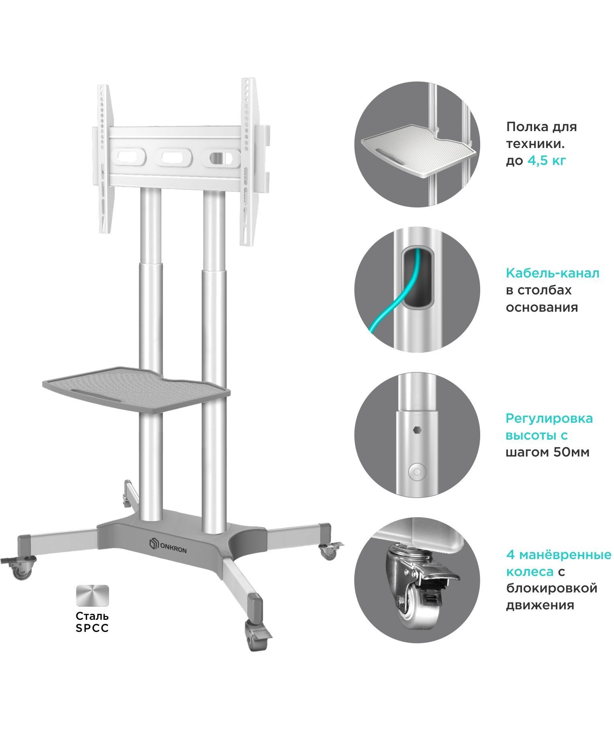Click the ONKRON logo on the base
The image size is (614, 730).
[168, 547]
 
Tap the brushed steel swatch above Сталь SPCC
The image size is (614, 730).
[92, 596]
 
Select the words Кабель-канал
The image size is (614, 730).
[553, 273]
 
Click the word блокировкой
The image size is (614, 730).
[552, 588]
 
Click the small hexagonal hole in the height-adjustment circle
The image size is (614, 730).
[417, 430]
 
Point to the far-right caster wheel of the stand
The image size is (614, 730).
[329, 551]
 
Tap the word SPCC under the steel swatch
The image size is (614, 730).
[92, 628]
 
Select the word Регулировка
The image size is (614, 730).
[549, 419]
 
